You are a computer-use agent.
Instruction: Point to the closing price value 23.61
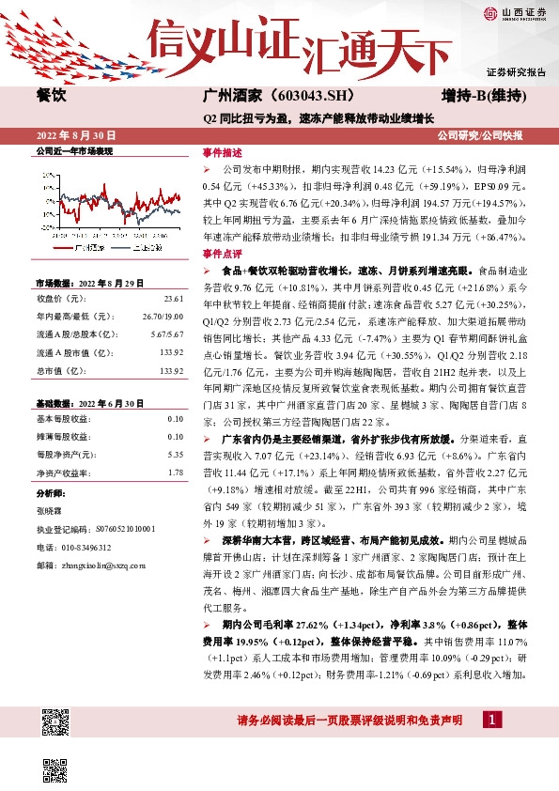pos(174,299)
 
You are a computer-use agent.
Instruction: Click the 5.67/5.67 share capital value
pos(167,334)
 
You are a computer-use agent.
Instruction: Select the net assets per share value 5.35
pos(176,454)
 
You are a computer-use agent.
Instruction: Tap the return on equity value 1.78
pos(176,472)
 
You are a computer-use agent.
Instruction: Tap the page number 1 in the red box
pos(490,721)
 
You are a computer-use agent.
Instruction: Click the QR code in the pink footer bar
pos(54,722)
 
